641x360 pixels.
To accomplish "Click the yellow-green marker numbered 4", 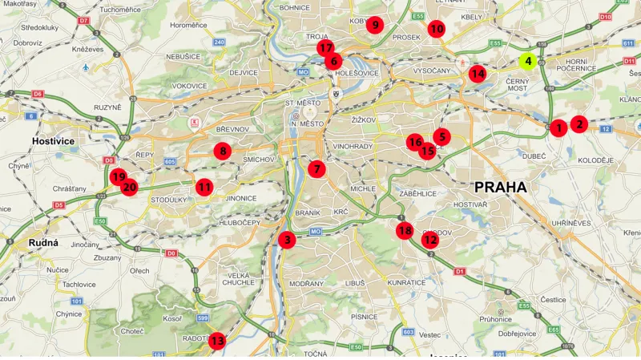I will (528, 60).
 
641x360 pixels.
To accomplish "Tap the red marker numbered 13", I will (217, 341).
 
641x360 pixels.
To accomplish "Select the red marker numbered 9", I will (374, 25).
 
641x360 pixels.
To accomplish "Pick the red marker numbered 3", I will (287, 239).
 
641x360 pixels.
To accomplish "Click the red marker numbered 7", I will (317, 169).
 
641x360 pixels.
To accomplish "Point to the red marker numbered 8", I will (223, 150).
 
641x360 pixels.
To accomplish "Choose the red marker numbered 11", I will (204, 187).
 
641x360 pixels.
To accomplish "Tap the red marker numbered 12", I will (430, 239).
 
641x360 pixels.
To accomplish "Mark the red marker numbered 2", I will (579, 124).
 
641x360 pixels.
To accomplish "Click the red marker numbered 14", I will (478, 74).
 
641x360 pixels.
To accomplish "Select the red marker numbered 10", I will (436, 29).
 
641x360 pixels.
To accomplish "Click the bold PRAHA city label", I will (501, 187).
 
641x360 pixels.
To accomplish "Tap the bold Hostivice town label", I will (53, 141).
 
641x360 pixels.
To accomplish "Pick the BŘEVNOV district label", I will (233, 129).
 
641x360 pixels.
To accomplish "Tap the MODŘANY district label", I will (307, 284).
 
